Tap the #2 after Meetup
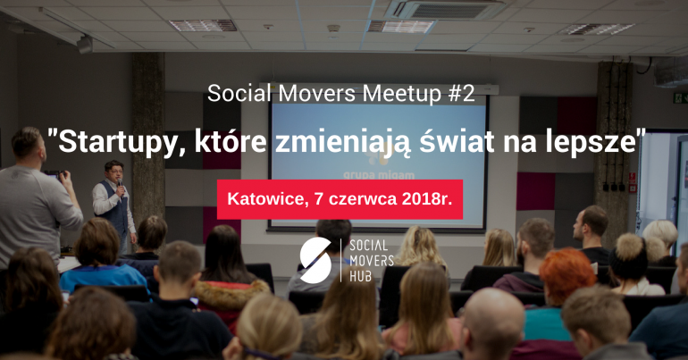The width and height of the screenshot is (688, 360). tap(461, 93)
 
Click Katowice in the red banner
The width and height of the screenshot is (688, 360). tap(265, 199)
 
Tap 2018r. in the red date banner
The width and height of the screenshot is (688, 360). tap(426, 199)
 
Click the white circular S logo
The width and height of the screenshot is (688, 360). tap(315, 260)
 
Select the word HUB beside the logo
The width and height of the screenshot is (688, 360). tap(360, 276)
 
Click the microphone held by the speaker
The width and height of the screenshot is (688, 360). tap(120, 185)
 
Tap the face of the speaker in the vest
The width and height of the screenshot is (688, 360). tap(115, 173)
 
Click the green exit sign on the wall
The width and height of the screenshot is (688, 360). tap(681, 97)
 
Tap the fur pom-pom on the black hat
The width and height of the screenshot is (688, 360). tap(630, 247)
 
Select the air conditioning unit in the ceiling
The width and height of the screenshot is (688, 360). tap(448, 9)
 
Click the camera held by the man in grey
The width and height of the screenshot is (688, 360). tap(54, 174)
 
